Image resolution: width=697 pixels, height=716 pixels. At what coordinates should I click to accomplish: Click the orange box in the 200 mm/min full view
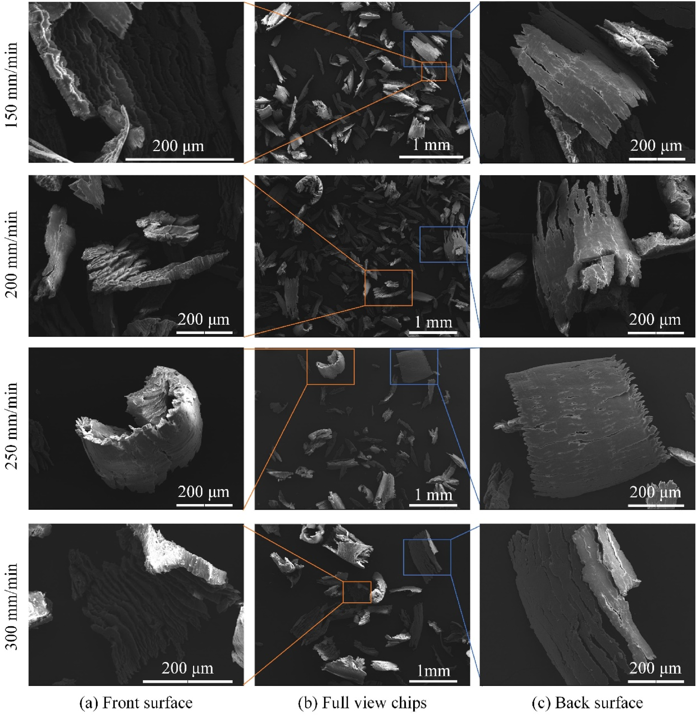click(388, 270)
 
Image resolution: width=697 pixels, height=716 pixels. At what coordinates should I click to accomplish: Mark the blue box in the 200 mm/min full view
click(443, 227)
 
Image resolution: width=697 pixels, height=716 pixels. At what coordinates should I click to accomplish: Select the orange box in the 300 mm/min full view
click(357, 582)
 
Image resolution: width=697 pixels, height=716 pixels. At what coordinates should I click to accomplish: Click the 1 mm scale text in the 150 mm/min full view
click(431, 145)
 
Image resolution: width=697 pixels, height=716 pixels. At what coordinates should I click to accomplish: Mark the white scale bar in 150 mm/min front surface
click(179, 159)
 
